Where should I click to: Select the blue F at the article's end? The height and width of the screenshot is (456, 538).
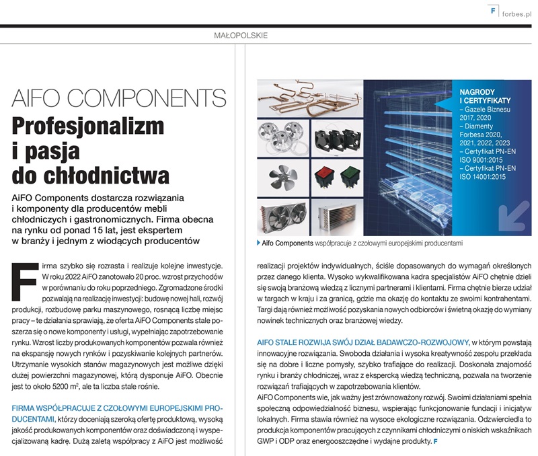coord(435,441)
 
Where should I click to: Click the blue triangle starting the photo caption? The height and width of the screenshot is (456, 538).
coord(260,242)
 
